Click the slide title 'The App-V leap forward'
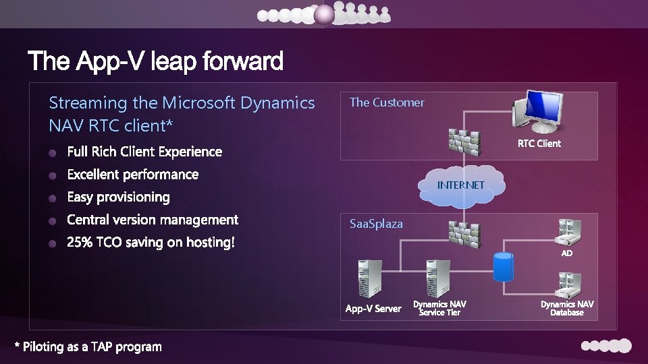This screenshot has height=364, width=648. (x=155, y=62)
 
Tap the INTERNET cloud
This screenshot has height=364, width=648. (x=461, y=185)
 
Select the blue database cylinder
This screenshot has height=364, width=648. (x=503, y=267)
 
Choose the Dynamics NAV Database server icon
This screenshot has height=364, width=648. (x=568, y=284)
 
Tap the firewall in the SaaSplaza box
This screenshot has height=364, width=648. (x=464, y=233)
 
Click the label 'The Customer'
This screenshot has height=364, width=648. (x=387, y=102)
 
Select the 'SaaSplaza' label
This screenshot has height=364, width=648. (x=376, y=224)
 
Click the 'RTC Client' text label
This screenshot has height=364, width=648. (x=539, y=144)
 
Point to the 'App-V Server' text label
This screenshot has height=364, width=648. (x=373, y=309)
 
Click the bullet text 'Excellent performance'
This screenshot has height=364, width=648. (x=133, y=175)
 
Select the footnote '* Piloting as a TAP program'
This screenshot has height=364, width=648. (x=88, y=347)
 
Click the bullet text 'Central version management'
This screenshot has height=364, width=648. (x=153, y=220)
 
